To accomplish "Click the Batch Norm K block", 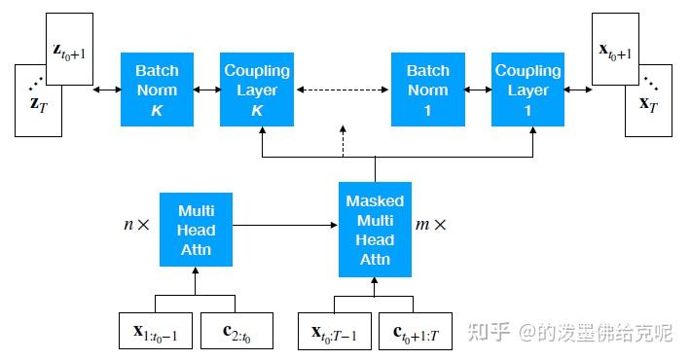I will pyautogui.click(x=157, y=90).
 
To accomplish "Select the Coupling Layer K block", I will pyautogui.click(x=257, y=90).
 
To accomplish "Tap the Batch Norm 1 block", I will pyautogui.click(x=428, y=90).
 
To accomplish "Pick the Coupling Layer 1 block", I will pyautogui.click(x=528, y=90).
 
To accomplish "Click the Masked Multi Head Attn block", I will pyautogui.click(x=376, y=230).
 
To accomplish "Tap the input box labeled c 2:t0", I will pyautogui.click(x=236, y=331).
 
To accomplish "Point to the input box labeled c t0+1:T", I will pyautogui.click(x=415, y=331).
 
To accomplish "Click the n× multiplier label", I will pyautogui.click(x=136, y=225).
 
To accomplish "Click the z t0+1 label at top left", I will pyautogui.click(x=68, y=49).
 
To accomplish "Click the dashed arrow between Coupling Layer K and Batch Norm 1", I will pyautogui.click(x=341, y=90).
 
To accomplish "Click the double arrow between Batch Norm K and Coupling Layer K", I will pyautogui.click(x=207, y=90).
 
